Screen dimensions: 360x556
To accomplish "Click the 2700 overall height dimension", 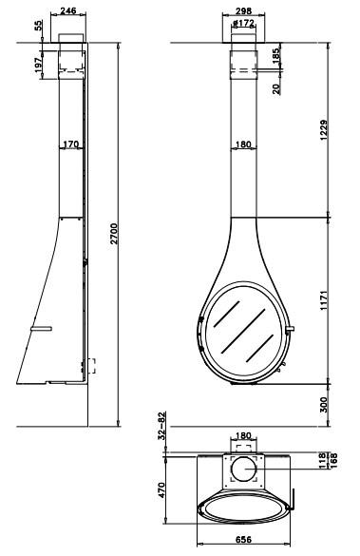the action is point(114,234).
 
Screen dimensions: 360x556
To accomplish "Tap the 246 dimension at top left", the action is point(68,10).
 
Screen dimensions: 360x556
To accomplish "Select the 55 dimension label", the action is point(38,26).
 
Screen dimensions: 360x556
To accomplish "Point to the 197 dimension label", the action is point(38,65).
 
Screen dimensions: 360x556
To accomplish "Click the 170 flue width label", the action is point(71,144).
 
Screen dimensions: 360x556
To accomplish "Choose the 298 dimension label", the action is point(243,11).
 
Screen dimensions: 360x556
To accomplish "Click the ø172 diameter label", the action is point(243,24).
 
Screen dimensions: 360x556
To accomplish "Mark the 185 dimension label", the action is point(276,55).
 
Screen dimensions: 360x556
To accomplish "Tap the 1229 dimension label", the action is point(324,130).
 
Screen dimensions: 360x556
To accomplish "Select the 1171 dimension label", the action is point(324,300).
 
